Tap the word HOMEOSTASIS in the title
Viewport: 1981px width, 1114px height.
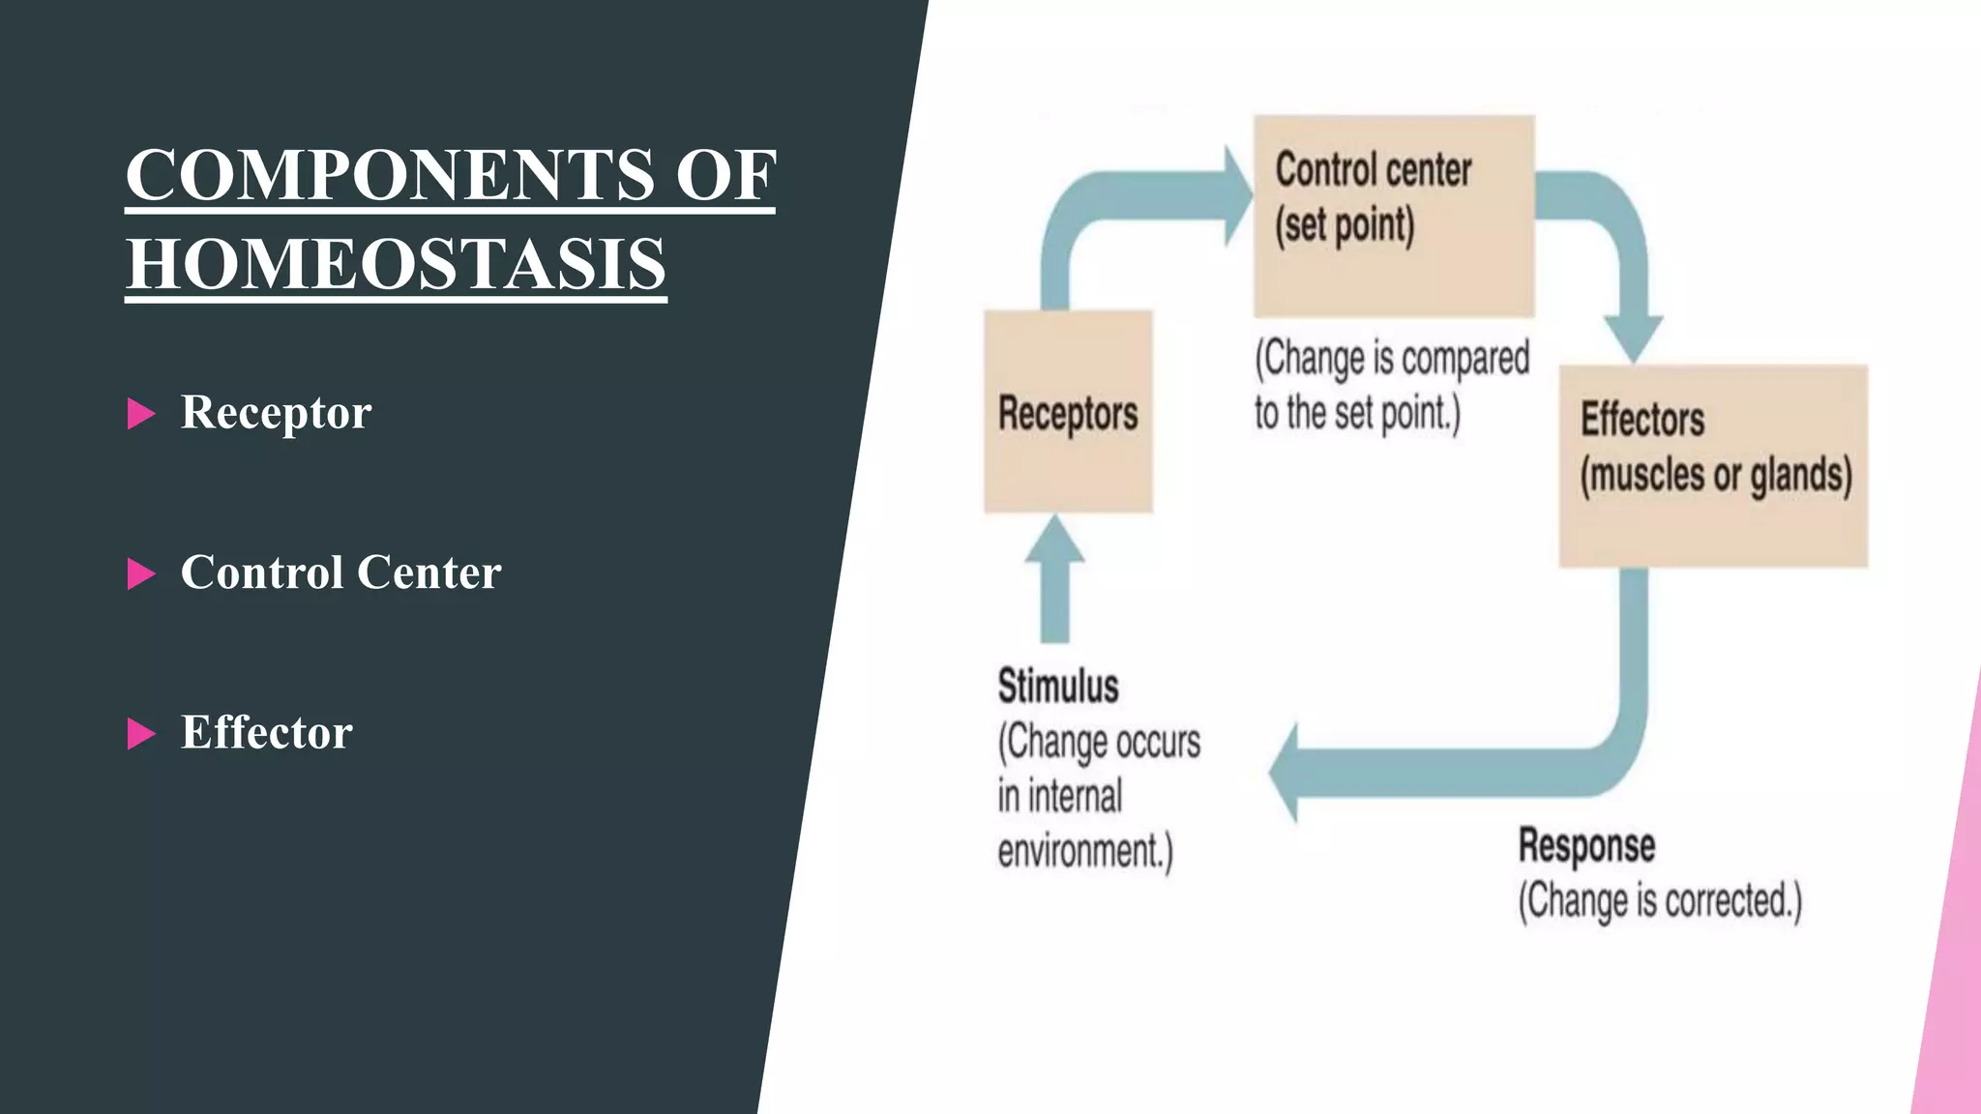pyautogui.click(x=396, y=264)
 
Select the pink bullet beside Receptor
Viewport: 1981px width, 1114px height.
pyautogui.click(x=141, y=414)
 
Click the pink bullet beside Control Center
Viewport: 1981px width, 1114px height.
pyautogui.click(x=141, y=573)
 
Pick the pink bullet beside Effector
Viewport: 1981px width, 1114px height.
pyautogui.click(x=141, y=734)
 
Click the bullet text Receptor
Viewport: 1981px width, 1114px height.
pyautogui.click(x=276, y=413)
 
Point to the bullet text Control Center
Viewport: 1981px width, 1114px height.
pyautogui.click(x=340, y=572)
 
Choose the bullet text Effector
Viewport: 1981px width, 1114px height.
pyautogui.click(x=266, y=733)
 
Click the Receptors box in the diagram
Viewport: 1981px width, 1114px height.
pyautogui.click(x=1068, y=411)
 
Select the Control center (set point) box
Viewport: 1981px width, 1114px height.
pyautogui.click(x=1394, y=216)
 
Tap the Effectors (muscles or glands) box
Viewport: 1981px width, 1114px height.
pyautogui.click(x=1713, y=466)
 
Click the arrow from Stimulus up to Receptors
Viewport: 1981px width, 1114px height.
pyautogui.click(x=1054, y=580)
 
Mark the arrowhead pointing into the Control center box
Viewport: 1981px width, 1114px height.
pyautogui.click(x=1236, y=194)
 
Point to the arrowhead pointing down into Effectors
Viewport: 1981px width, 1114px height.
pyautogui.click(x=1634, y=337)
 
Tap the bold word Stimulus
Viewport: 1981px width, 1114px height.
pyautogui.click(x=1058, y=687)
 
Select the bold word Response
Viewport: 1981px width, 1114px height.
pyautogui.click(x=1586, y=846)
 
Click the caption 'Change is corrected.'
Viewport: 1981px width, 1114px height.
pyautogui.click(x=1660, y=901)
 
